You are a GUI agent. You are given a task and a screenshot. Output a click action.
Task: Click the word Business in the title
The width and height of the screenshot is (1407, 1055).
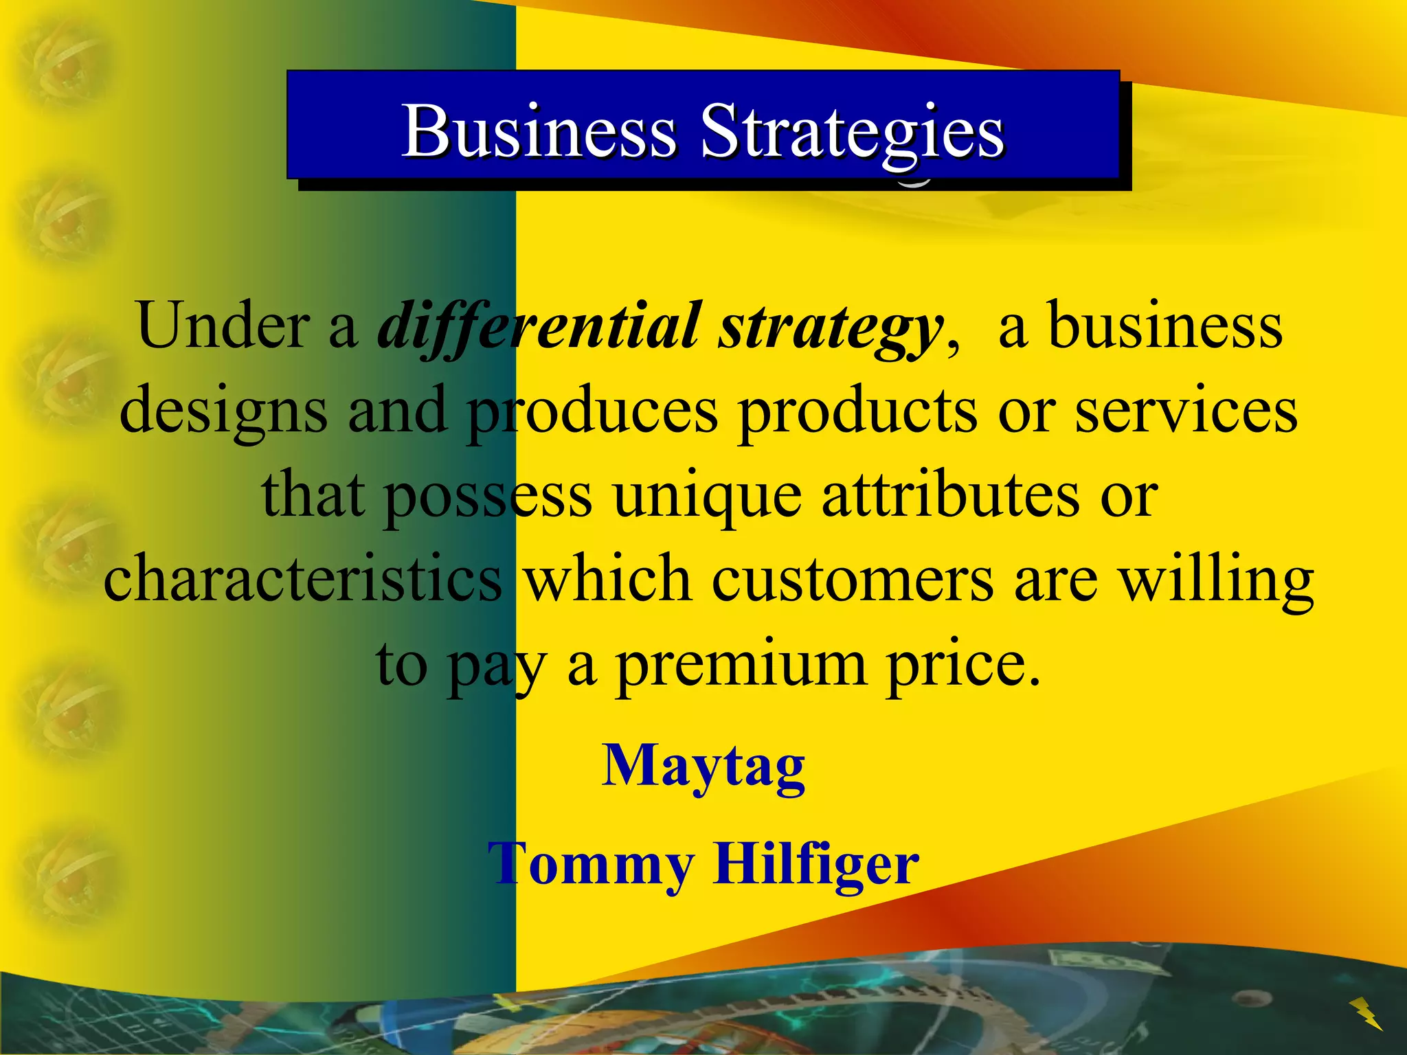click(x=539, y=131)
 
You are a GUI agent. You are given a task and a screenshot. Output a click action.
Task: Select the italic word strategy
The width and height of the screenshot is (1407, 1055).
click(x=830, y=328)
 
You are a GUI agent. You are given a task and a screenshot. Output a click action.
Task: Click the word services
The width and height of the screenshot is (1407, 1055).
click(x=1186, y=411)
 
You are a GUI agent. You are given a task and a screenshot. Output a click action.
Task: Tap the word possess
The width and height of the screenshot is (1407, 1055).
click(x=488, y=497)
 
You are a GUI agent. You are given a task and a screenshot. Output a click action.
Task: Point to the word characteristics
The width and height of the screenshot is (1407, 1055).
click(x=303, y=579)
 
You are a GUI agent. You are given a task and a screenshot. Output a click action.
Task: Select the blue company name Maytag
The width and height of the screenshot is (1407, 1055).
click(x=703, y=767)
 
